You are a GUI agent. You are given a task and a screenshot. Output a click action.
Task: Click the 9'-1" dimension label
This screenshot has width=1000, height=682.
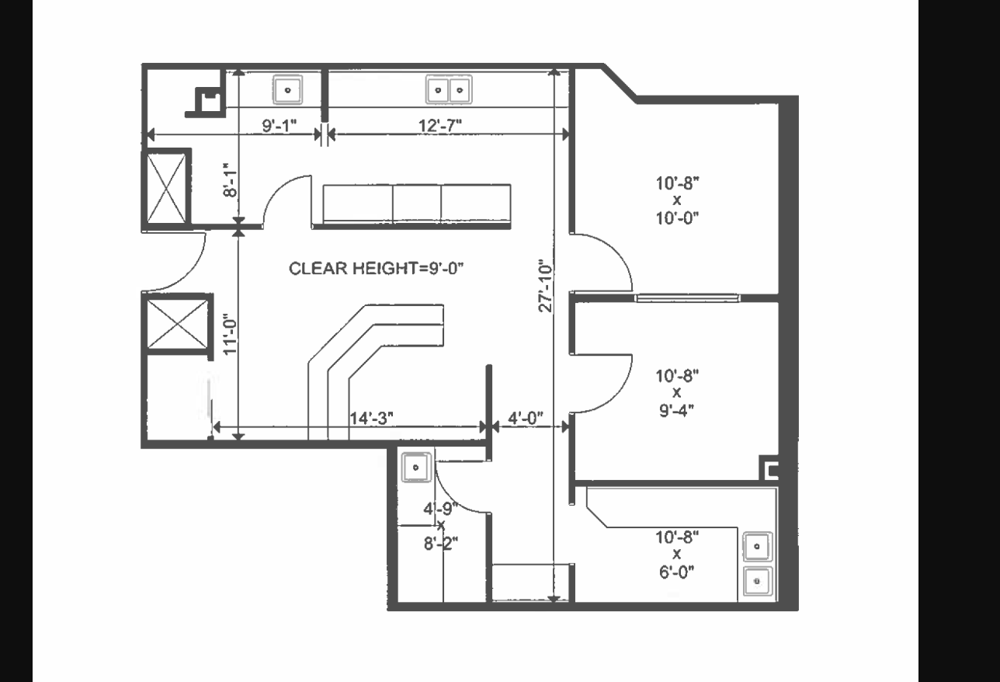[x=280, y=125]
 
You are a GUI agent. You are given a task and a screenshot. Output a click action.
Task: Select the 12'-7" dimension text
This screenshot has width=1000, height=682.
[x=446, y=125]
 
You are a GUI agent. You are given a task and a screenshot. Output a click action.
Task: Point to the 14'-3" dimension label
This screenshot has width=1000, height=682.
[x=371, y=418]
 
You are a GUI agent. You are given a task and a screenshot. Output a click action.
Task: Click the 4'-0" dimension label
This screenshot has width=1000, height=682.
[x=526, y=418]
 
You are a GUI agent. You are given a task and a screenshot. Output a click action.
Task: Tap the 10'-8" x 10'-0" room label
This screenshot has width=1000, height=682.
[x=677, y=200]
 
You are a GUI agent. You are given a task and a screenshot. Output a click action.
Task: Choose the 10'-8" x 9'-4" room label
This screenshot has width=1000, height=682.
[x=677, y=392]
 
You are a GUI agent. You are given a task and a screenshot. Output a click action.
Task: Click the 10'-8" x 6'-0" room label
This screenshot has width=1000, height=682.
[x=677, y=554]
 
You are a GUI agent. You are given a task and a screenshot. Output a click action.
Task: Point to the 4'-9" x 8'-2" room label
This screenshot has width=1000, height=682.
[x=441, y=526]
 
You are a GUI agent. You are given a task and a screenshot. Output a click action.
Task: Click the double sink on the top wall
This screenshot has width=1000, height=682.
[x=449, y=90]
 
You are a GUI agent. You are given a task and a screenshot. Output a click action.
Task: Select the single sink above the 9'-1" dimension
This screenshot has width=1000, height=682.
[x=288, y=90]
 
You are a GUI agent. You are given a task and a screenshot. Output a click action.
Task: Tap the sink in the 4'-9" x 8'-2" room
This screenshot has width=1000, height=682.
[x=416, y=468]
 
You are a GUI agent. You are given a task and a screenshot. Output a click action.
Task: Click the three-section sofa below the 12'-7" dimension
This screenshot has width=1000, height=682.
[x=416, y=205]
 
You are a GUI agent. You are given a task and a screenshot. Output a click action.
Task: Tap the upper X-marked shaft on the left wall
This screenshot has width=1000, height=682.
[x=166, y=188]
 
